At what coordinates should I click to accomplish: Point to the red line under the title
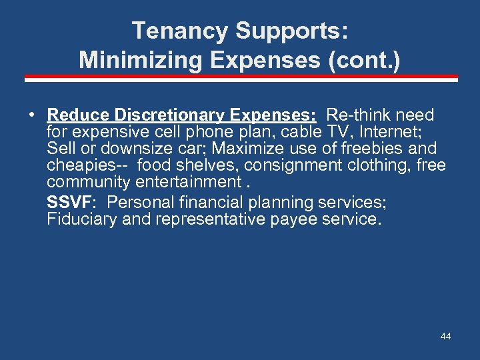click(x=241, y=78)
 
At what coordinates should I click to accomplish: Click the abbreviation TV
click(x=327, y=132)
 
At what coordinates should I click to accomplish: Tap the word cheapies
click(x=83, y=166)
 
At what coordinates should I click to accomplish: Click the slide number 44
click(x=445, y=337)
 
